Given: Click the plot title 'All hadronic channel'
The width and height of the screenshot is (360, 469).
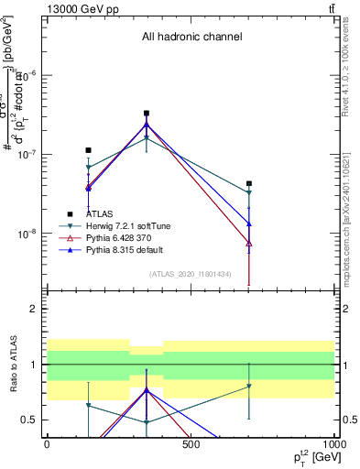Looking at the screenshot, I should tap(191, 38).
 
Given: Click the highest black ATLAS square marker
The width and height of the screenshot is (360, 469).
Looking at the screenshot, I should tap(147, 114).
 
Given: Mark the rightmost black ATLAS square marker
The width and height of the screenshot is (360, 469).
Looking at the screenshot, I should tap(249, 184).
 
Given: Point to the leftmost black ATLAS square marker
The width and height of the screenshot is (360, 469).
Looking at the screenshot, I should tap(88, 150).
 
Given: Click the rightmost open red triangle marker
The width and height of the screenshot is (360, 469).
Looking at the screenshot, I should tap(249, 244).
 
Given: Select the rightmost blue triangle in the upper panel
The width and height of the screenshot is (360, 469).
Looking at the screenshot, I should tap(249, 224).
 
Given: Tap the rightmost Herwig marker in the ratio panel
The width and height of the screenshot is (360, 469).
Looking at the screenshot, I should tap(249, 387).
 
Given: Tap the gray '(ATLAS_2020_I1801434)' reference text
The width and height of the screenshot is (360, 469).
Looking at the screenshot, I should tap(191, 274).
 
